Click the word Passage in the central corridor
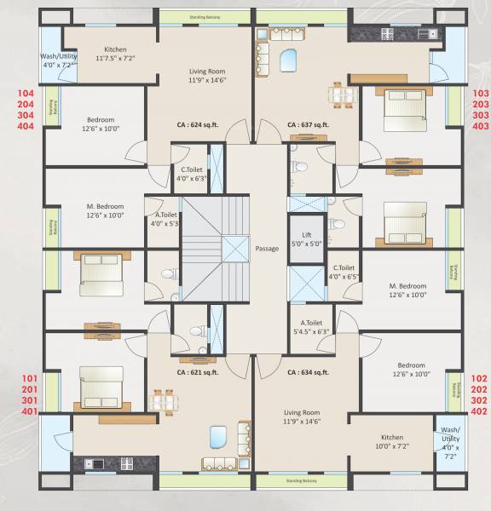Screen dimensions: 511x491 coord(268,249)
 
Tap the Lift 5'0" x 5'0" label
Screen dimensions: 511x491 coord(307,238)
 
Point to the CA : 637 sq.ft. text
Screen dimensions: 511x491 coord(308,124)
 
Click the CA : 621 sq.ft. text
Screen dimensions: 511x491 coord(198,372)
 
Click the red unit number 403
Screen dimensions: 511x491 coord(480,125)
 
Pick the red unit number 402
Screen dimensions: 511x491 coord(479,411)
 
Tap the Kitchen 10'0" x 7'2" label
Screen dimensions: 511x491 coord(392,440)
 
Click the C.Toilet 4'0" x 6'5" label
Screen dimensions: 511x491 coord(344,272)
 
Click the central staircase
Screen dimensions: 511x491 coord(213,247)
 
